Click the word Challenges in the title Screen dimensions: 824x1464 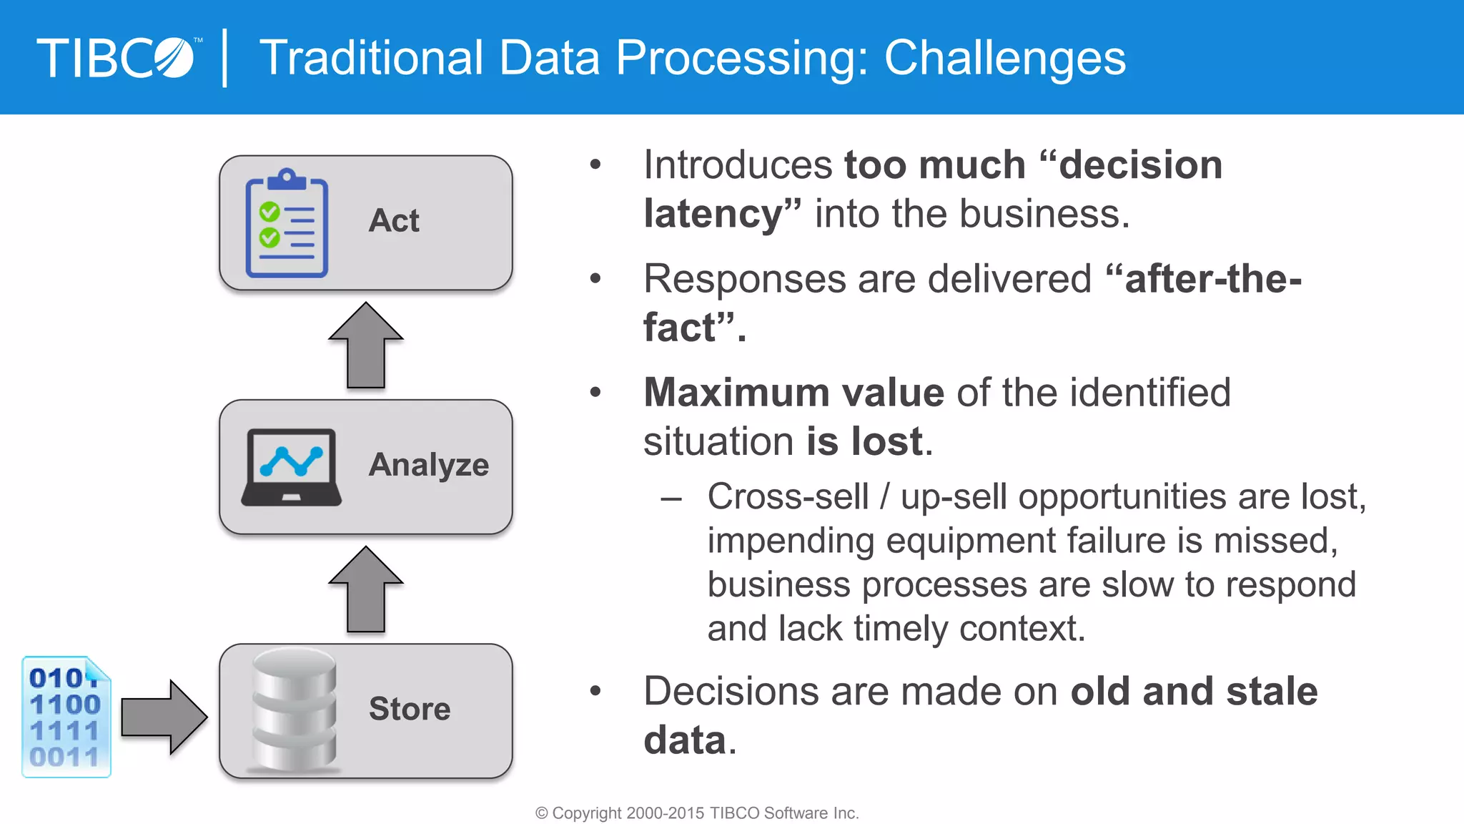point(1004,58)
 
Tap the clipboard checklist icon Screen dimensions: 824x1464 point(287,224)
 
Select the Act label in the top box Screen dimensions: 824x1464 point(394,220)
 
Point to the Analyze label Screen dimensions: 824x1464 point(429,465)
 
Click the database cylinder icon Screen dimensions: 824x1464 point(294,710)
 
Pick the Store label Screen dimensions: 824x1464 point(410,709)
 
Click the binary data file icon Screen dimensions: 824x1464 point(66,717)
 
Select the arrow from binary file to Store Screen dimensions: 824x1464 point(164,717)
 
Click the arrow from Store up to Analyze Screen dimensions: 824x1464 point(366,590)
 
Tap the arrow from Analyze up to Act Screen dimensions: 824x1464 point(366,345)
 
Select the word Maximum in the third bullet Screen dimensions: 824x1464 point(736,393)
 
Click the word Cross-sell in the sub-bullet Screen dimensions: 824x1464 point(788,496)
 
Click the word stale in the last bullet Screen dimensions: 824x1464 point(1272,691)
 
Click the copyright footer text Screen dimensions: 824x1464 point(697,813)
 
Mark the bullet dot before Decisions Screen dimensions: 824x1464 point(595,691)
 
